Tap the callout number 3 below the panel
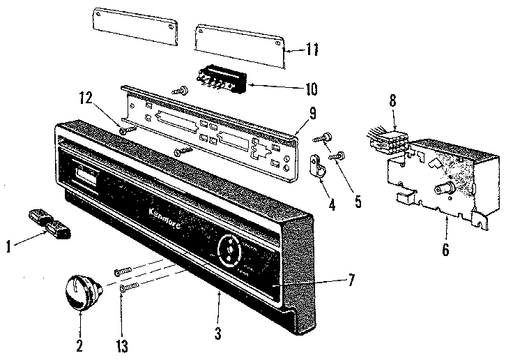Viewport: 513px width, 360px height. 217,333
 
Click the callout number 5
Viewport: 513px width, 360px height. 358,202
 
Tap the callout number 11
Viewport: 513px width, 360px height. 312,49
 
